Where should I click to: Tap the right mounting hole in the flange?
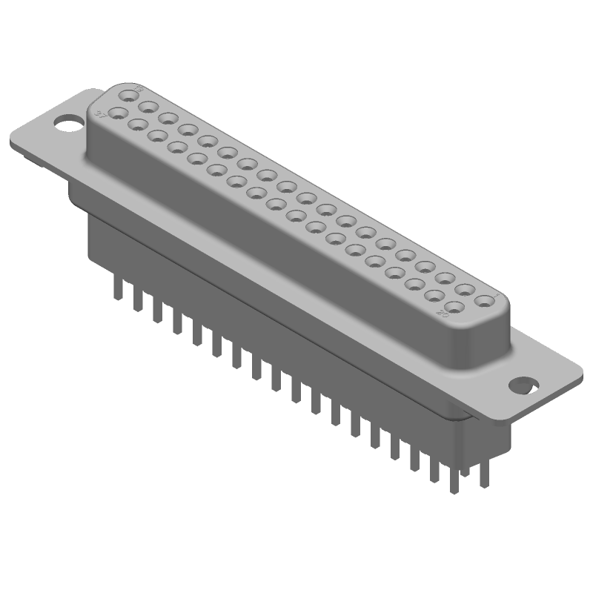526,385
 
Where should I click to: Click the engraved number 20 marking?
445,314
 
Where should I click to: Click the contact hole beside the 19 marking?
132,96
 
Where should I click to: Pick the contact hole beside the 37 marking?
116,114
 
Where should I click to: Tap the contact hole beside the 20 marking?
455,306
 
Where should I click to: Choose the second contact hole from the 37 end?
136,125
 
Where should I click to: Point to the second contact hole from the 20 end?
435,296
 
